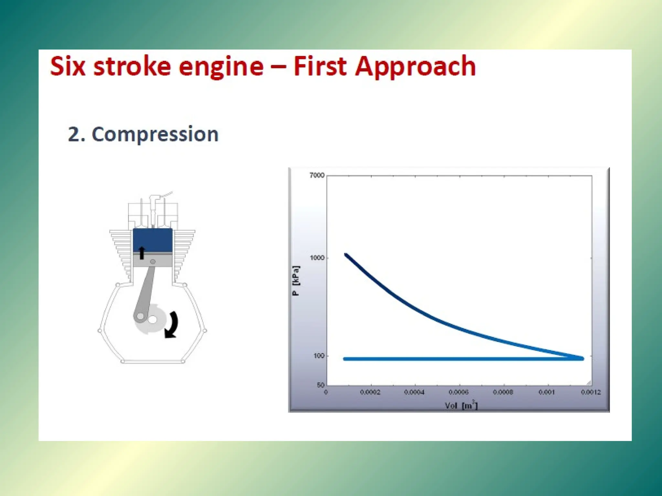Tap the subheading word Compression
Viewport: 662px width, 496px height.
[155, 134]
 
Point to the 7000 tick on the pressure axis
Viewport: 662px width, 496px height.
[317, 175]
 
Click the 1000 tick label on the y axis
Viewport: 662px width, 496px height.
[317, 258]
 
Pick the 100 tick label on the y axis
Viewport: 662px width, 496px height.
[318, 356]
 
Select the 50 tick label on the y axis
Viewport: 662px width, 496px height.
[320, 385]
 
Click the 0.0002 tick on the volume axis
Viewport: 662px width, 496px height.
[370, 392]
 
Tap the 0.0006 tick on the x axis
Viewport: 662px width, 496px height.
[458, 392]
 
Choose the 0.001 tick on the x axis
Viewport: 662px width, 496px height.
[547, 392]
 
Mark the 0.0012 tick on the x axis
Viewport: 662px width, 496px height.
[591, 392]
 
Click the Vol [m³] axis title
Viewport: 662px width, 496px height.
[461, 405]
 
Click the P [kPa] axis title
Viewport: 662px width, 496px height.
[296, 280]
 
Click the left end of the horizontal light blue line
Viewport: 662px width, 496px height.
[345, 359]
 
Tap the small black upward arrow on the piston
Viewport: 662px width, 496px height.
[142, 253]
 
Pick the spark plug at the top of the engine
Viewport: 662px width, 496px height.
[153, 208]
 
